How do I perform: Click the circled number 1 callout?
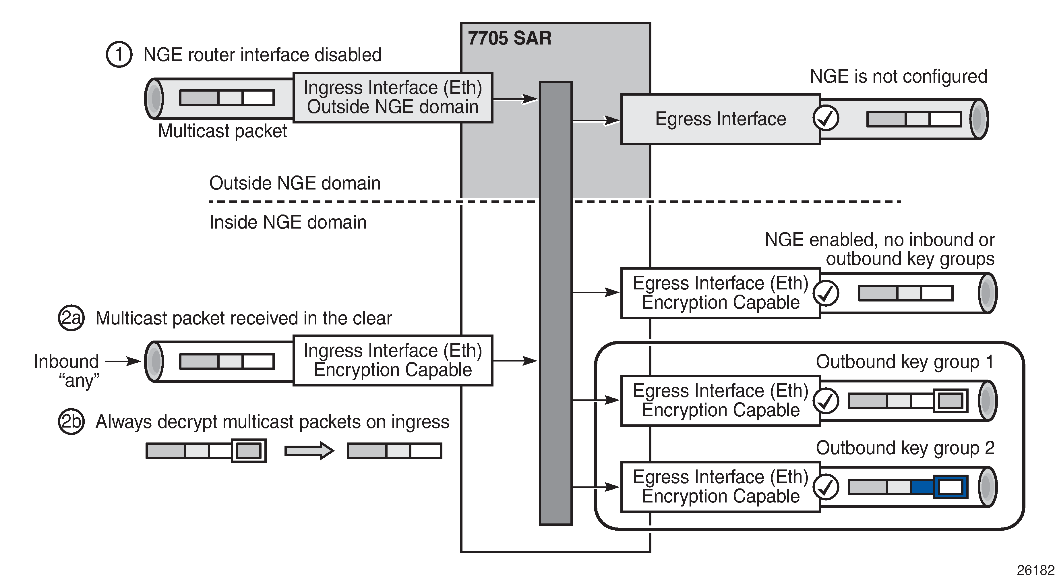click(119, 55)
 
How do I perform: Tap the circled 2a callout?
click(71, 318)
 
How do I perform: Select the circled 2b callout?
click(71, 422)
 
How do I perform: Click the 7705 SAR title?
click(510, 38)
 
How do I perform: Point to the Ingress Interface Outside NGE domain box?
click(393, 98)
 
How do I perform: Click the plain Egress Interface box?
click(720, 119)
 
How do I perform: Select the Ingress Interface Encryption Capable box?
click(393, 360)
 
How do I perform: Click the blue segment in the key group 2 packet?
click(922, 487)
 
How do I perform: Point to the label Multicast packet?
click(222, 131)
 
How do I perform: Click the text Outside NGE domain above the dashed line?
click(295, 183)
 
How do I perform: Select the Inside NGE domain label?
click(288, 223)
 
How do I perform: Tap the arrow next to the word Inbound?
click(123, 361)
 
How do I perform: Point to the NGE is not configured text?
click(899, 77)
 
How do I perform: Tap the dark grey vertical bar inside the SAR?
click(555, 303)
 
